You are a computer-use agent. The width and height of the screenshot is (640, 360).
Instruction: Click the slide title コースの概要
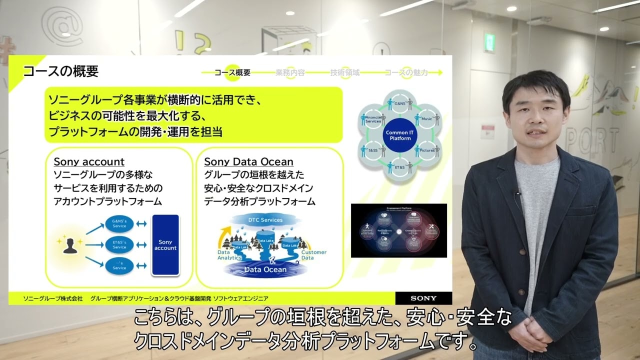pyautogui.click(x=60, y=71)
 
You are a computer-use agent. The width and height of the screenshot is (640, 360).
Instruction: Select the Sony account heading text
pyautogui.click(x=89, y=162)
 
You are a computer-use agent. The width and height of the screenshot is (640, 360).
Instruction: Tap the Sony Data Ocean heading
pyautogui.click(x=248, y=162)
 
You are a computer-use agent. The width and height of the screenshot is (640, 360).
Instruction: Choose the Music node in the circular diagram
pyautogui.click(x=426, y=119)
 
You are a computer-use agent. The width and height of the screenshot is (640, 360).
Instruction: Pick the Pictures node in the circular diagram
pyautogui.click(x=426, y=150)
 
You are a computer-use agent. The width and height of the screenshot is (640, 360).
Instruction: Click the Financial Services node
pyautogui.click(x=372, y=119)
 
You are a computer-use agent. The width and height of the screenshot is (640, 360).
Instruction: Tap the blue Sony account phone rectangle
pyautogui.click(x=165, y=245)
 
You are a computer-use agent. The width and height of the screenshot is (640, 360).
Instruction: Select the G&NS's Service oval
pyautogui.click(x=119, y=223)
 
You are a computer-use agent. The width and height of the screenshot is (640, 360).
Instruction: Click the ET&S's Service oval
pyautogui.click(x=119, y=245)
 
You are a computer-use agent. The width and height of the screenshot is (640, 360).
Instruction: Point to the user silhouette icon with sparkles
pyautogui.click(x=69, y=245)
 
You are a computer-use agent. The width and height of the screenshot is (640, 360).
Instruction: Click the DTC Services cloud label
pyautogui.click(x=265, y=220)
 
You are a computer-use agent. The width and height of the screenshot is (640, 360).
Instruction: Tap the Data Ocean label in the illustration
pyautogui.click(x=265, y=269)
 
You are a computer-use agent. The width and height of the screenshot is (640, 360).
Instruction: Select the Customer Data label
pyautogui.click(x=313, y=255)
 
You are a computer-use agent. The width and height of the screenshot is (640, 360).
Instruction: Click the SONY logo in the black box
pyautogui.click(x=423, y=298)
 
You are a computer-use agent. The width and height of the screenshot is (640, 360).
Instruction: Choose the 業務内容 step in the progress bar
pyautogui.click(x=290, y=72)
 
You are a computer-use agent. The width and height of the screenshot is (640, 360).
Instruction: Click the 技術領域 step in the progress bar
pyautogui.click(x=344, y=72)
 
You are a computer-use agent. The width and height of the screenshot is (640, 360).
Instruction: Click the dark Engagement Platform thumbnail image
pyautogui.click(x=398, y=230)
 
